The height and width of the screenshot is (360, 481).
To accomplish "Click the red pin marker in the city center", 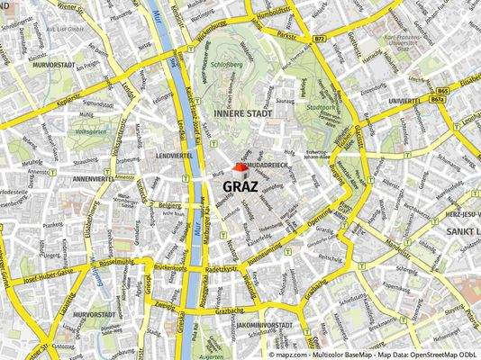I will click(239, 167).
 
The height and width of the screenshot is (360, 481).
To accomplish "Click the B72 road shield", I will click(319, 40).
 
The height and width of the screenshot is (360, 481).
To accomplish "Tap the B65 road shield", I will click(441, 92).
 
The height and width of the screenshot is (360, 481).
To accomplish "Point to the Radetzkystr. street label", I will click(222, 269).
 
